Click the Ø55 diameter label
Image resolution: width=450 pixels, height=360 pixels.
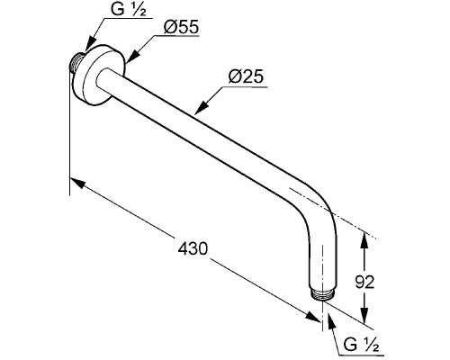coord(181,27)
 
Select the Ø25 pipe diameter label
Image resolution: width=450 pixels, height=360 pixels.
coord(246,76)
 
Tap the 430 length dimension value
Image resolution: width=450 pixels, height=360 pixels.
coord(193,248)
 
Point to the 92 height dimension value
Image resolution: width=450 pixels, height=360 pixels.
coord(364,282)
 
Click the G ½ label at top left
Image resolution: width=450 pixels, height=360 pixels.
coord(129,9)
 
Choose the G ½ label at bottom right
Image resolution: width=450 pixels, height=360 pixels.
coord(361,345)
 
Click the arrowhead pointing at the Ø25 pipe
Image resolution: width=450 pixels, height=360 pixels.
coord(201,108)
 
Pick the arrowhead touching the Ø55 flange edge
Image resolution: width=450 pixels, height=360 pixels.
coord(131,57)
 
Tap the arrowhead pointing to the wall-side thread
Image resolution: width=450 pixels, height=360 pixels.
coord(89,45)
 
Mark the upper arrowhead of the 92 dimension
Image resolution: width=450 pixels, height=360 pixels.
coord(364,239)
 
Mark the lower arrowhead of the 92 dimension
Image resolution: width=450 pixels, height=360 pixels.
coord(364,315)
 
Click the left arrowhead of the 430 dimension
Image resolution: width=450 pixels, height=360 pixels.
coord(77,184)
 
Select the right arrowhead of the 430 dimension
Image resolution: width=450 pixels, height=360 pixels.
coord(313,317)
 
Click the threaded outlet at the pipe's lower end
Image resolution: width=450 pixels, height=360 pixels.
coord(322,294)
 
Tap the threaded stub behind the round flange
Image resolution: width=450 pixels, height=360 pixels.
coord(76,62)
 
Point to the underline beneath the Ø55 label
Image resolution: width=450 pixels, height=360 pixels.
coord(176,36)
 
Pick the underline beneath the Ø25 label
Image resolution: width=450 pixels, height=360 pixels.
coord(244,87)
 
